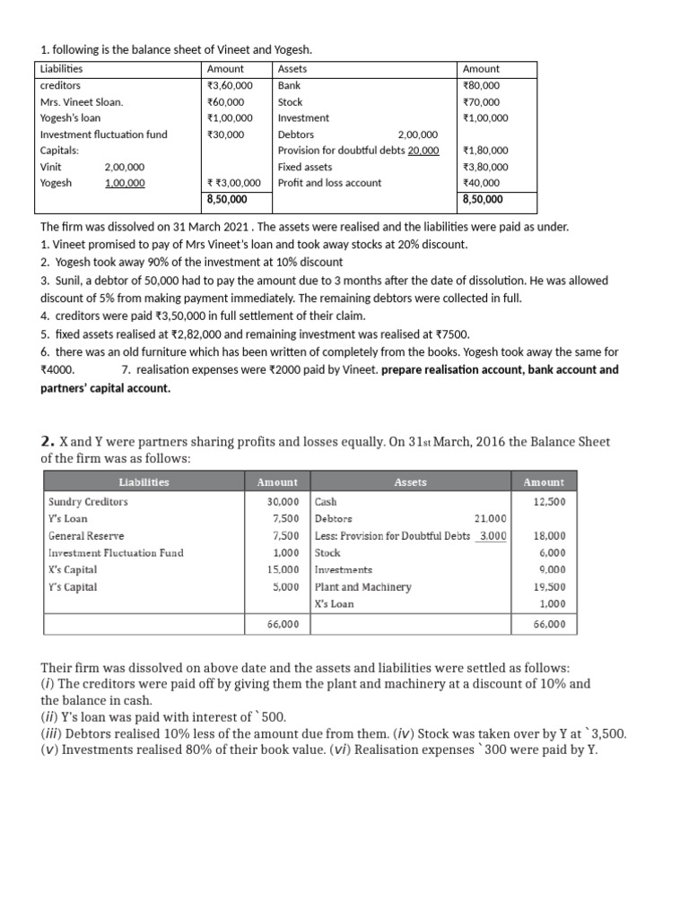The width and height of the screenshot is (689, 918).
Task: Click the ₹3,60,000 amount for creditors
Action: click(x=230, y=85)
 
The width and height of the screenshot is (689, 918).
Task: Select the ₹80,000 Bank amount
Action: click(x=481, y=85)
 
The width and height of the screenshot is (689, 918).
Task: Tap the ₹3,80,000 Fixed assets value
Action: click(x=484, y=167)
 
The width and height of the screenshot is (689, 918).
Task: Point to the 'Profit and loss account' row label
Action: click(x=329, y=183)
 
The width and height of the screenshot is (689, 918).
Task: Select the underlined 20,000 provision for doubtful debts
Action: click(x=423, y=151)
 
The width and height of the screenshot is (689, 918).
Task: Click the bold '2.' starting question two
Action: click(x=48, y=441)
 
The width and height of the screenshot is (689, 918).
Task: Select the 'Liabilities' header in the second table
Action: click(x=144, y=482)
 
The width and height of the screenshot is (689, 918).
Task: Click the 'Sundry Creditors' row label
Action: click(x=88, y=502)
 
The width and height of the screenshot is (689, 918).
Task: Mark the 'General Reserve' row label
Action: click(x=84, y=536)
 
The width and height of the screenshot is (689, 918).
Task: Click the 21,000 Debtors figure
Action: click(x=489, y=519)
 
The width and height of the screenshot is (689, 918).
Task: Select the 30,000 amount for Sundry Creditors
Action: click(x=283, y=502)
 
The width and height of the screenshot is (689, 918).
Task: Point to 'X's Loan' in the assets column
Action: click(x=334, y=604)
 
